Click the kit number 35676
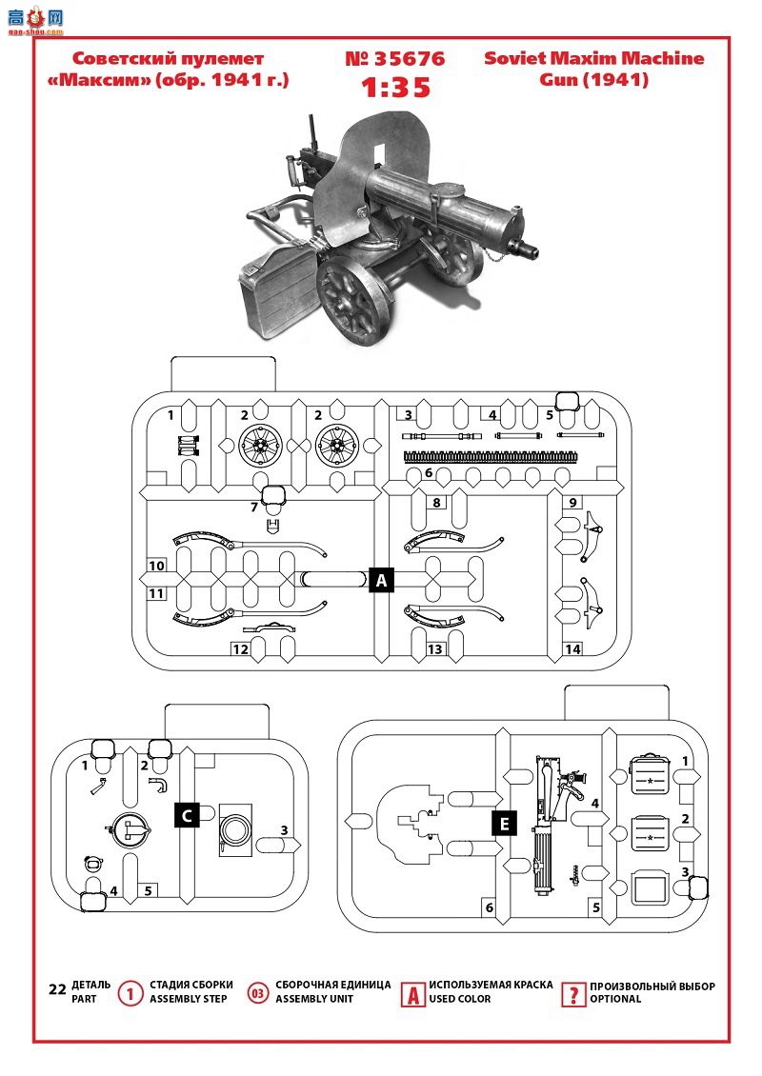click(x=395, y=59)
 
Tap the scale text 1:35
click(x=395, y=88)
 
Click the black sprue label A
click(x=382, y=581)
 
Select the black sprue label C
click(x=187, y=815)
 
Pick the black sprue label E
click(x=505, y=824)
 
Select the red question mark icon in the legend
click(x=572, y=994)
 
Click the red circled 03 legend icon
click(x=257, y=993)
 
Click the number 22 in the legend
click(x=58, y=988)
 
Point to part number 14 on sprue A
click(x=572, y=648)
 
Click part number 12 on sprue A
click(x=240, y=649)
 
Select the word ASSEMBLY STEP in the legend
click(x=188, y=999)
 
